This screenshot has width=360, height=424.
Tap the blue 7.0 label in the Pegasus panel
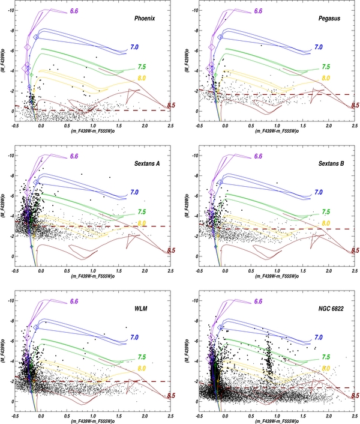pos(318,47)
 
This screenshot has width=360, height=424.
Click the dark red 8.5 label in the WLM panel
pos(170,396)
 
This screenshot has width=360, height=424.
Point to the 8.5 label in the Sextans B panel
pos(355,250)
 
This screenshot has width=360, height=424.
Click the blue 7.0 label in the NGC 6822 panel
pos(318,338)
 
